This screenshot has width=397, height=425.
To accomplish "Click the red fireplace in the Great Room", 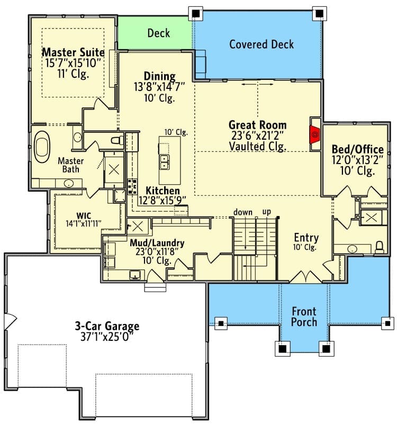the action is click(314, 134).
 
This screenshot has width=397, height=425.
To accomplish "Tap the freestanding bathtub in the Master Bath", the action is click(42, 147).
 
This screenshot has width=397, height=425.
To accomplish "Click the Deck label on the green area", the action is click(158, 33).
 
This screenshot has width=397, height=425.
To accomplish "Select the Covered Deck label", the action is click(261, 44).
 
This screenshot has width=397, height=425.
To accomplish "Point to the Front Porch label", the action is click(304, 317).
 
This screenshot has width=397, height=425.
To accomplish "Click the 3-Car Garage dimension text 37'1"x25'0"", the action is click(107, 337).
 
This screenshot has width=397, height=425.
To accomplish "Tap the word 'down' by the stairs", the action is click(243, 212).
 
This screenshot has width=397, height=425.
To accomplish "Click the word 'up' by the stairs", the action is click(266, 212).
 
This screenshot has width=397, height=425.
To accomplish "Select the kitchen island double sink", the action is click(164, 162).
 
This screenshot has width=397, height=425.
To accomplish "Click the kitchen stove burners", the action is click(132, 186).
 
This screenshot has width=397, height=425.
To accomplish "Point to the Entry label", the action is click(306, 238).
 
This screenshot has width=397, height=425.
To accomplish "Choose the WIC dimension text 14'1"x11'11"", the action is click(84, 223).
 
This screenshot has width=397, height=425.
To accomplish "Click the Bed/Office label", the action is click(358, 149).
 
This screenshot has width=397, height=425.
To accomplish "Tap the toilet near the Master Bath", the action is click(118, 140).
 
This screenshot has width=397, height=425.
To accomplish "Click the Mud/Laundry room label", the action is click(157, 243).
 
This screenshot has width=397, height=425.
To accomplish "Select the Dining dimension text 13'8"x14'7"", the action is click(159, 87).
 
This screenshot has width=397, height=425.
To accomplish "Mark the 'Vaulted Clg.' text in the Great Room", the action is click(258, 147).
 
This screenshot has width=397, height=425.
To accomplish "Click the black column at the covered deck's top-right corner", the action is click(319, 13).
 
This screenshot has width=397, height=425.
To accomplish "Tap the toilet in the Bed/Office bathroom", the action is click(380, 247).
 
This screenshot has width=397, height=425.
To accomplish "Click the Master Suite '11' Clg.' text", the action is click(73, 74).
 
